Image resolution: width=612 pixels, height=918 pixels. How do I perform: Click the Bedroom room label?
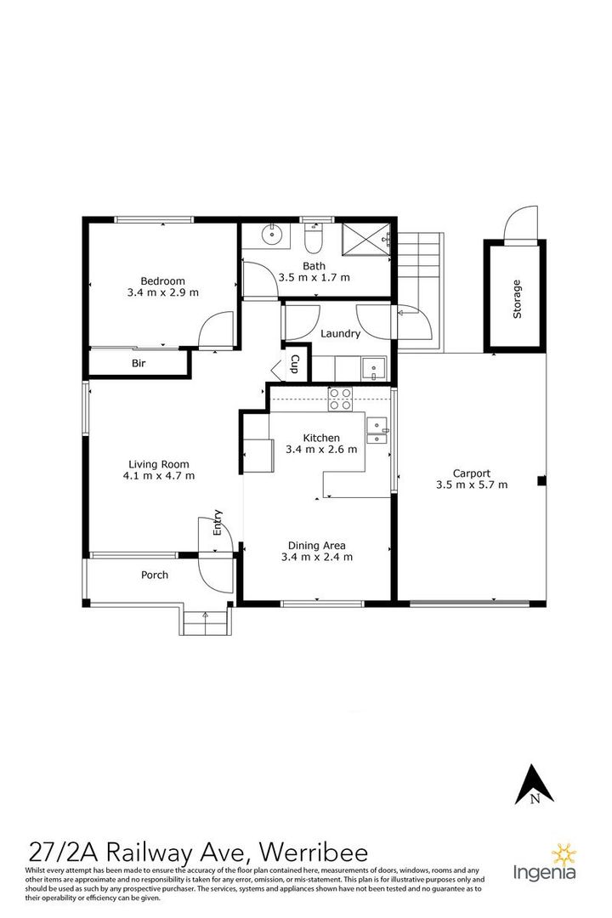click(162, 280)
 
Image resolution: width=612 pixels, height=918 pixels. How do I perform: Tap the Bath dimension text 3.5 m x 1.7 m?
click(314, 277)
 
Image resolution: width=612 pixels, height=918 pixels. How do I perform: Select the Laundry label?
click(340, 334)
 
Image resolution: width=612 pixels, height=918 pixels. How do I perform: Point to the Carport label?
click(471, 473)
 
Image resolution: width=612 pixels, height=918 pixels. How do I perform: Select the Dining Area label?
click(316, 546)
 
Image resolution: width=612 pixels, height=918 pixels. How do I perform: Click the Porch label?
click(155, 575)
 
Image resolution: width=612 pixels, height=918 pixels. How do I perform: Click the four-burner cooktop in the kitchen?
click(341, 399)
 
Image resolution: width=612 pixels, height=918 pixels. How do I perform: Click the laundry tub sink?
click(373, 369)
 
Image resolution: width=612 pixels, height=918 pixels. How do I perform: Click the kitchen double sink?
click(377, 431)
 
